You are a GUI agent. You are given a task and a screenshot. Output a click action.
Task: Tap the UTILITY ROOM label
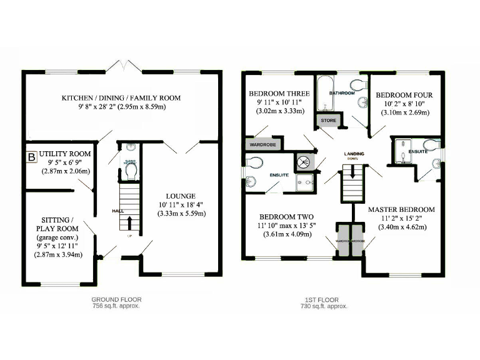65,154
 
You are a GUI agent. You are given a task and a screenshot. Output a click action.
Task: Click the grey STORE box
329,120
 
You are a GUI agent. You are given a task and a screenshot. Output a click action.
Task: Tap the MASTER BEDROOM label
401,209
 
